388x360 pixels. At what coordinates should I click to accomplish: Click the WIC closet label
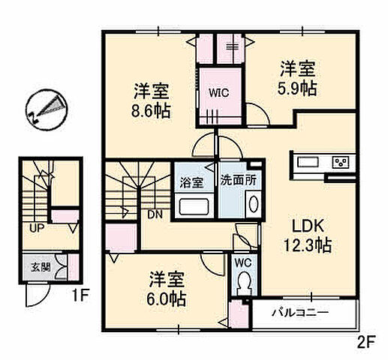218,94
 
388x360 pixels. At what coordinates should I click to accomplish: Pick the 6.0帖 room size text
166,298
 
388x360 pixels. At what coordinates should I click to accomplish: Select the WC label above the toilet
242,262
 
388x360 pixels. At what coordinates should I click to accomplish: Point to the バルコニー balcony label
304,312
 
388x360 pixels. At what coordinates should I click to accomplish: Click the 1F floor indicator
80,295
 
